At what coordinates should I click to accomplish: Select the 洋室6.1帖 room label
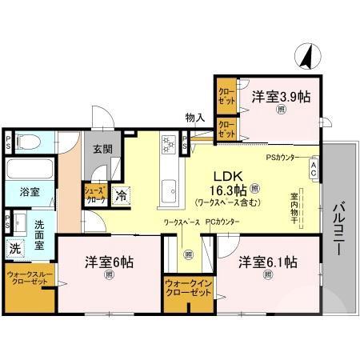[267, 262]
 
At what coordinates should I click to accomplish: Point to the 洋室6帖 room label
[110, 262]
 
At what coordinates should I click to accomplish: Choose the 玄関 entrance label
[102, 150]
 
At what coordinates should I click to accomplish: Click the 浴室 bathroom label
[20, 193]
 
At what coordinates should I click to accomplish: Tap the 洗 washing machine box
[14, 248]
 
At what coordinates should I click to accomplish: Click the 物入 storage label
[194, 119]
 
